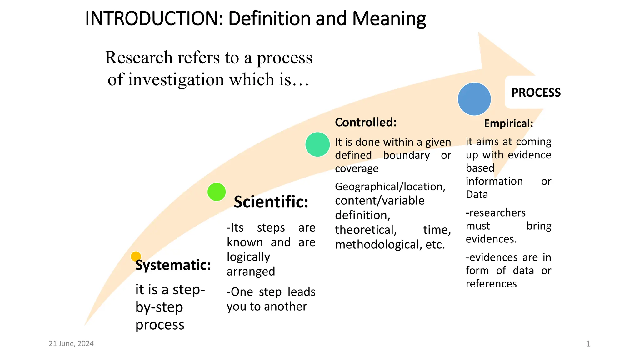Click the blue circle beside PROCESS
(474, 99)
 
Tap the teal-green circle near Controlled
(317, 144)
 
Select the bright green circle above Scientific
(217, 192)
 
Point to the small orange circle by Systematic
(136, 257)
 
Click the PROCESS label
(536, 92)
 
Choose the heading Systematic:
(173, 265)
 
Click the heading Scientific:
(271, 202)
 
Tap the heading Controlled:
(366, 122)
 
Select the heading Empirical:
(508, 123)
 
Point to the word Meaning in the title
(389, 19)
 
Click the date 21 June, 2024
(71, 344)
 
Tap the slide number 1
(588, 344)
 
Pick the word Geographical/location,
(390, 187)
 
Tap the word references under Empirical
(491, 284)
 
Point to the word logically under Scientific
(248, 257)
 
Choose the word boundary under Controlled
(406, 155)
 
